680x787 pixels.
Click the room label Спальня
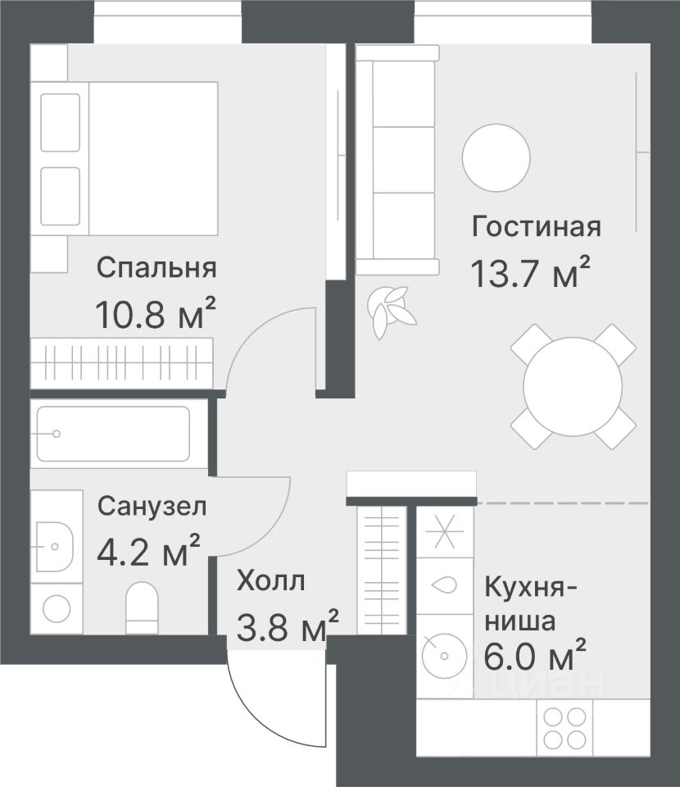[156, 267]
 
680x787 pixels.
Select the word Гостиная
[536, 226]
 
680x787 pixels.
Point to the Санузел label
[152, 507]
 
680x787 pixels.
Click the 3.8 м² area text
[288, 626]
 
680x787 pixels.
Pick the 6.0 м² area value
[535, 654]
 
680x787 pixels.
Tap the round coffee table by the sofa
[496, 157]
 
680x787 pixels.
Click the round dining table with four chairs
[573, 386]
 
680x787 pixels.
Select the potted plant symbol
[392, 312]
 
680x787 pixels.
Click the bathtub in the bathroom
[113, 434]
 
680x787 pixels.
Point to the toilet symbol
[142, 607]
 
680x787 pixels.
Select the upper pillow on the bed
[60, 122]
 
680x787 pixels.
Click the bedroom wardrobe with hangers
[121, 363]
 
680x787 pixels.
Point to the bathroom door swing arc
[274, 529]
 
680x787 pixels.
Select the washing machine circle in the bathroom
[57, 609]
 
